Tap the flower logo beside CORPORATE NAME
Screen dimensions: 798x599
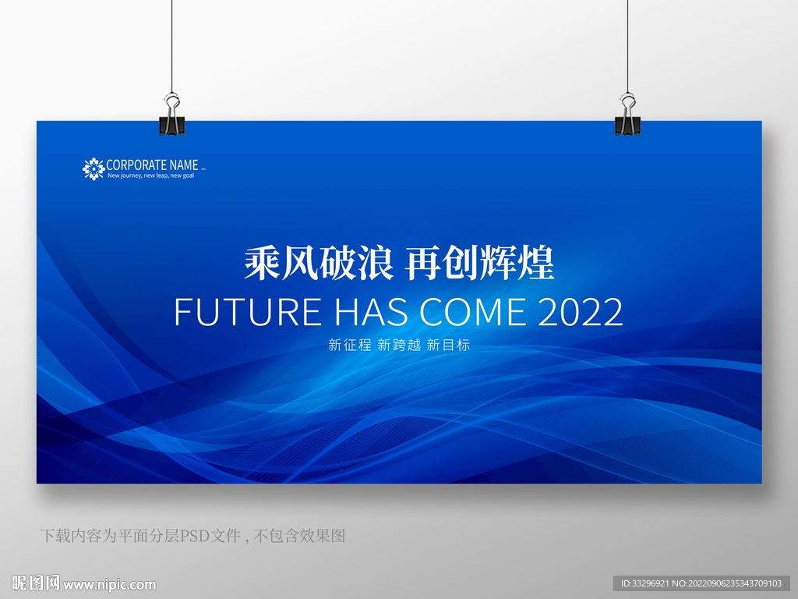pyautogui.click(x=94, y=168)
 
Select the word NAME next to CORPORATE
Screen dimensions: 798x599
pyautogui.click(x=184, y=165)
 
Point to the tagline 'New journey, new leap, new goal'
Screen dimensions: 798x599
pyautogui.click(x=150, y=175)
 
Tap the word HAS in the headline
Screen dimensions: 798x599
pyautogui.click(x=372, y=312)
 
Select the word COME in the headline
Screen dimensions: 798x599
pyautogui.click(x=473, y=312)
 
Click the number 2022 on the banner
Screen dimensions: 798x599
pyautogui.click(x=580, y=312)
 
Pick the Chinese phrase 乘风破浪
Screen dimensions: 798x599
pyautogui.click(x=319, y=263)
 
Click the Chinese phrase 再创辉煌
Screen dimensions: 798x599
pyautogui.click(x=479, y=263)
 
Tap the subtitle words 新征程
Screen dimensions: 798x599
pyautogui.click(x=350, y=345)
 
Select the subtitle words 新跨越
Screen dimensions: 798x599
pyautogui.click(x=399, y=345)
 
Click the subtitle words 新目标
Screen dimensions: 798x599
pyautogui.click(x=448, y=345)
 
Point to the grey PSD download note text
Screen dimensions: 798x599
pyautogui.click(x=193, y=536)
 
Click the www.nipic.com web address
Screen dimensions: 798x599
pyautogui.click(x=109, y=585)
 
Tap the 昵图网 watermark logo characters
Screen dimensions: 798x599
pyautogui.click(x=36, y=583)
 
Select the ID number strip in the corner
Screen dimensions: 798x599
pyautogui.click(x=701, y=583)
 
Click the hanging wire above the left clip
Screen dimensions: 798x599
pyautogui.click(x=171, y=47)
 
